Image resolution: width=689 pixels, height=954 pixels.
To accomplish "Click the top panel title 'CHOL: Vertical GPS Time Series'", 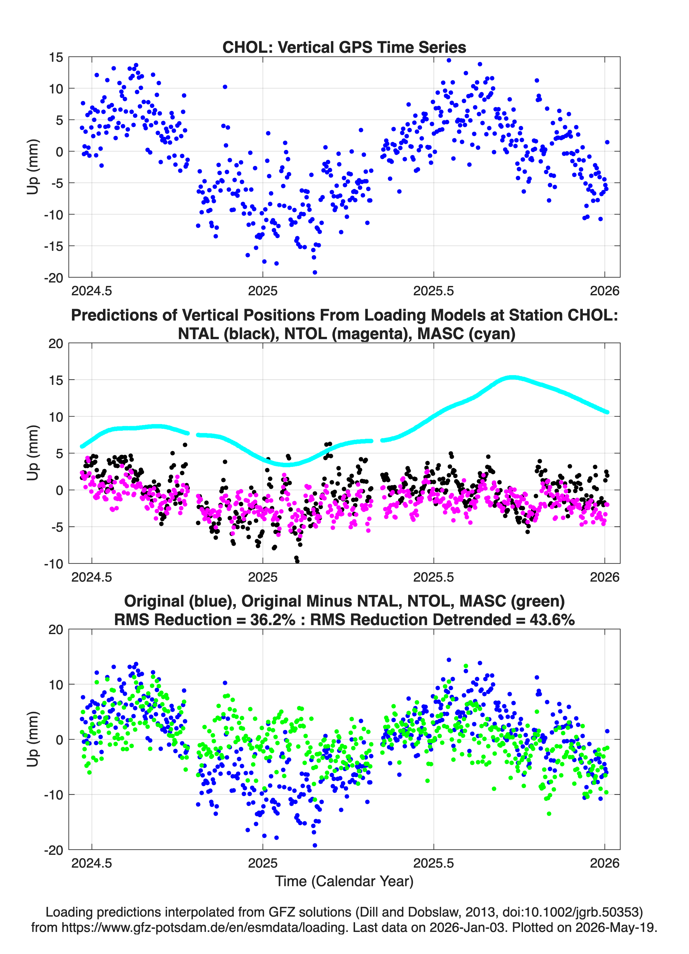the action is (344, 47).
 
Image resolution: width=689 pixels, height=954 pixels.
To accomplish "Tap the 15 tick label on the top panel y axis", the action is (56, 57).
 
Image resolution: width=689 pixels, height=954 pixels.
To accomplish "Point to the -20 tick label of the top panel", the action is (53, 278).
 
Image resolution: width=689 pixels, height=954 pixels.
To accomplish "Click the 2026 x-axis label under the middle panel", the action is (605, 577).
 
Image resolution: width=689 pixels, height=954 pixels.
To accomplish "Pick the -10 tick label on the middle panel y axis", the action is (53, 564).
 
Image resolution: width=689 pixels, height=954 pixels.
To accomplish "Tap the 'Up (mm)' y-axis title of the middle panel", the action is (33, 453).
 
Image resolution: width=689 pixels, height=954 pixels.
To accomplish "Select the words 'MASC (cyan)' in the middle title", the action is (466, 334).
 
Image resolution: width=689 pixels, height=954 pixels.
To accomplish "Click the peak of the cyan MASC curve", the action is (511, 377).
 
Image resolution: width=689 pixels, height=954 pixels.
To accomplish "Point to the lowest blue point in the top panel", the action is (315, 273).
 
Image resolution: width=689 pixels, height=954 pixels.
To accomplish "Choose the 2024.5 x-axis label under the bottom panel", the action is (92, 863).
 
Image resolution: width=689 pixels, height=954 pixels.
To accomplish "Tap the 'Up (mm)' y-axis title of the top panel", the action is (33, 167).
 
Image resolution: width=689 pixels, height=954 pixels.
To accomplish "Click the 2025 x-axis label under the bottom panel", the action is (263, 863).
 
